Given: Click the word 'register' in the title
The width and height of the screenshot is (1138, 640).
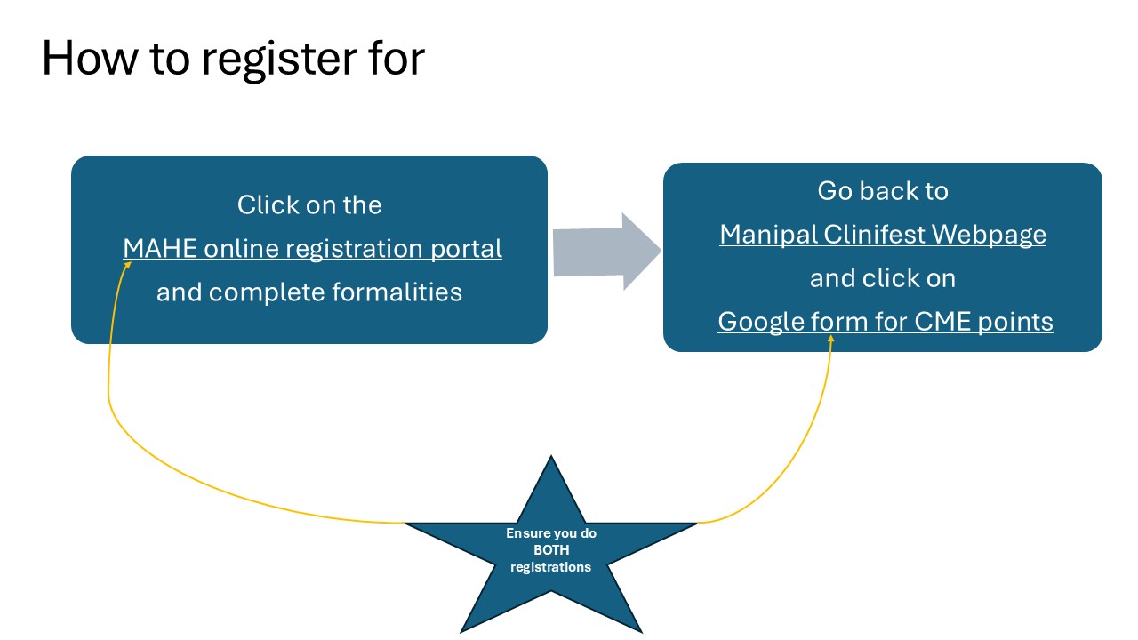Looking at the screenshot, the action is [278, 60].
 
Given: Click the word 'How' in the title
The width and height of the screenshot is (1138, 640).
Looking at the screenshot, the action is [90, 58].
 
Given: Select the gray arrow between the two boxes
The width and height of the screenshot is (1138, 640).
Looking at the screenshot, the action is [607, 252].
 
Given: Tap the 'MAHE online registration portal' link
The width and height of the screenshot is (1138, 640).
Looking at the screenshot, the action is [312, 249].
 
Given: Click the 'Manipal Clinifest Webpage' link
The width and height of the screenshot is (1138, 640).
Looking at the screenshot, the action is [883, 235].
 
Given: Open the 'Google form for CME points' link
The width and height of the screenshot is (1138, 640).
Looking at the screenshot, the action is [886, 322].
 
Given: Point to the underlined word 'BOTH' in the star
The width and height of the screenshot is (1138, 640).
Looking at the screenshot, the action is [551, 550].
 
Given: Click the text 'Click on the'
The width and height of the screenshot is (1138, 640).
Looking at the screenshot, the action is [309, 205].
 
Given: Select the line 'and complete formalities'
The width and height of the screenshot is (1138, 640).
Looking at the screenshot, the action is [309, 292].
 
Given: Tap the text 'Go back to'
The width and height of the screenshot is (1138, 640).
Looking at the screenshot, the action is [883, 191].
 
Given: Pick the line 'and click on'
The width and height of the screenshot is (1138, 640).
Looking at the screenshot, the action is [883, 278].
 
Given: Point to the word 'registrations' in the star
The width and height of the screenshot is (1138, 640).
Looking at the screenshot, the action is [550, 567].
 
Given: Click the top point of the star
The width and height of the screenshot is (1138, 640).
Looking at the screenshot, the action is [551, 456].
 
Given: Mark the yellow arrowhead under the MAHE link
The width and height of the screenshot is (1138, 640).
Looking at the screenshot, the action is [128, 265].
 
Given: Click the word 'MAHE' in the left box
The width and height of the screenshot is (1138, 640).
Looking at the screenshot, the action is [160, 248].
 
